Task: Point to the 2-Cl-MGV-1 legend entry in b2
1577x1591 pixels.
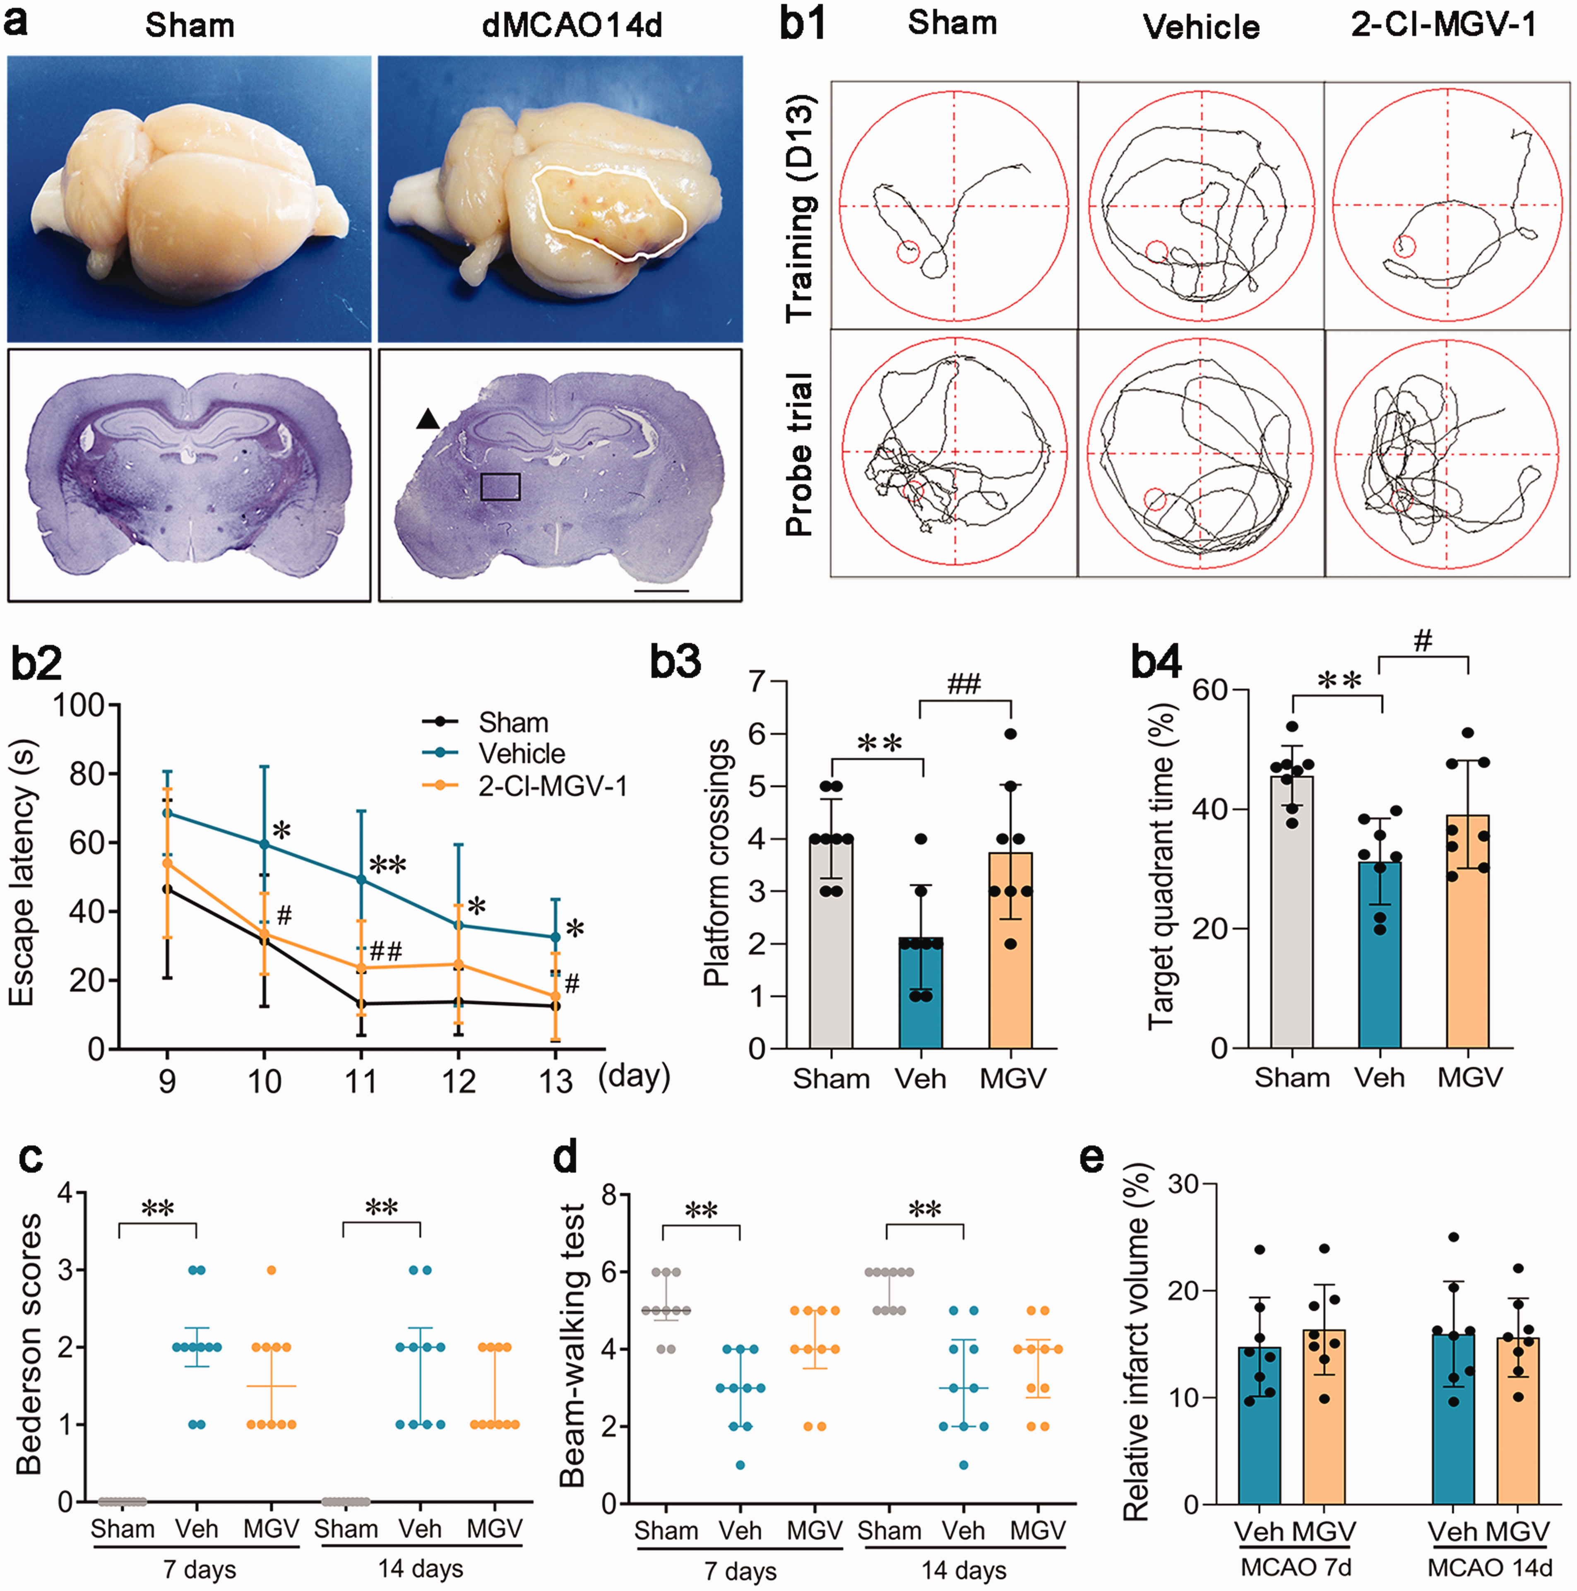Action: [524, 787]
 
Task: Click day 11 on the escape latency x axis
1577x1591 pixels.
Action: [360, 1080]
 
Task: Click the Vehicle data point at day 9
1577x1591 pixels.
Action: [167, 813]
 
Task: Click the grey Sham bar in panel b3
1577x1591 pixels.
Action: [831, 944]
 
